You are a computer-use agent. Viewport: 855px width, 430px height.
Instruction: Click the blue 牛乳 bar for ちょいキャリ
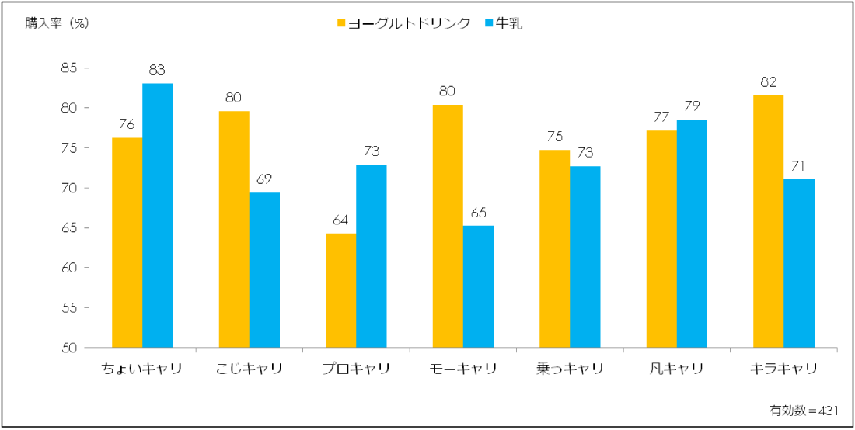(x=158, y=215)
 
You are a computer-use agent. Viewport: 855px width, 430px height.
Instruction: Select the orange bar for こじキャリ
(x=234, y=229)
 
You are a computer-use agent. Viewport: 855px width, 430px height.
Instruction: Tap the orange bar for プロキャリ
(x=340, y=290)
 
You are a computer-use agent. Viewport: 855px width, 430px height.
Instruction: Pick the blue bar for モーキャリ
(x=478, y=286)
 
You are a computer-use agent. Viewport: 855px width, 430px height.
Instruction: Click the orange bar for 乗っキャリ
(x=554, y=248)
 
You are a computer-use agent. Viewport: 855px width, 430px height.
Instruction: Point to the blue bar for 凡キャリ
(x=692, y=234)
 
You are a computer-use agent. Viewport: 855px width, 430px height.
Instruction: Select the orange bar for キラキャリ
(x=768, y=221)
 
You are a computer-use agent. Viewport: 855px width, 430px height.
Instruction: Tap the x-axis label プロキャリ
(x=355, y=369)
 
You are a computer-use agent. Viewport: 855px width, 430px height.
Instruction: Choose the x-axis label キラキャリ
(x=783, y=369)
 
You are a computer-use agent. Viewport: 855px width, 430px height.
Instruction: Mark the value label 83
(x=157, y=71)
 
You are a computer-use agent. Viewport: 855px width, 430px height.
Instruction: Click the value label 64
(x=340, y=220)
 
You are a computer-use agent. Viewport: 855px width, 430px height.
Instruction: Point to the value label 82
(x=768, y=82)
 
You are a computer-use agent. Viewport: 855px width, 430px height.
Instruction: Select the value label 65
(x=478, y=213)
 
